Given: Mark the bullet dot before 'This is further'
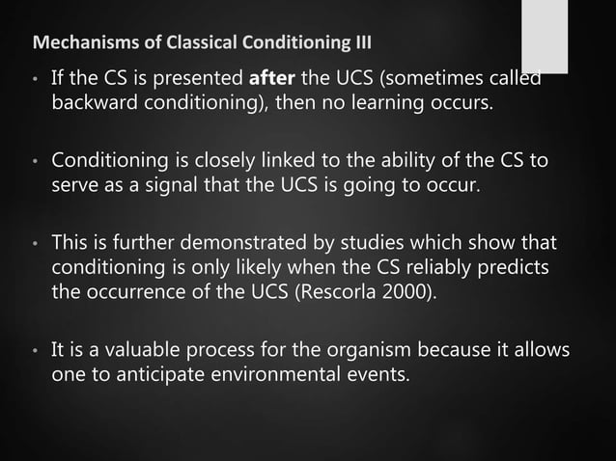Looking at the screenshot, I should coord(36,241).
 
